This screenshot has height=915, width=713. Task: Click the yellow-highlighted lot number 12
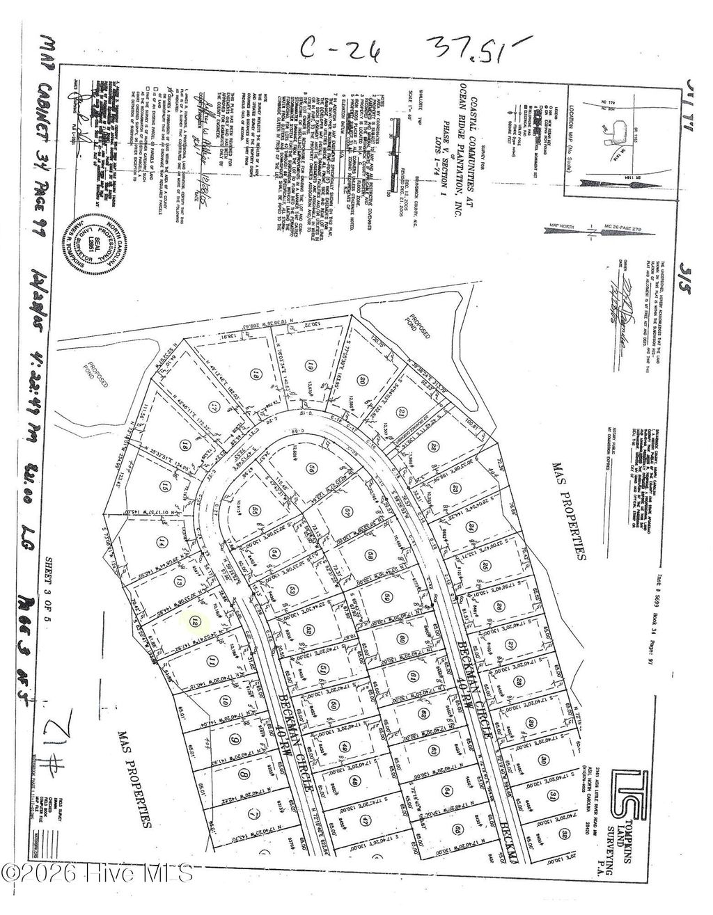coord(196,622)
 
